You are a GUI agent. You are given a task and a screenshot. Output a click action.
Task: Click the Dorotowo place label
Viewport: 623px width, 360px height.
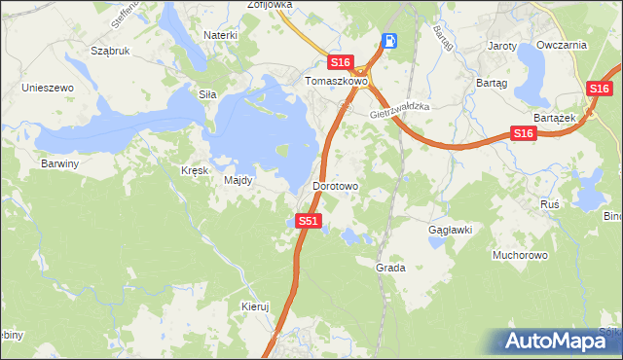[x=336, y=185]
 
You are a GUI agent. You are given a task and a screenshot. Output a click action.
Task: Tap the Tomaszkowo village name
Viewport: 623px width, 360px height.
[x=335, y=82]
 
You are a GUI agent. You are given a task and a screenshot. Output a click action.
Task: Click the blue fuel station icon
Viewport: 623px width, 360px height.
[x=389, y=41]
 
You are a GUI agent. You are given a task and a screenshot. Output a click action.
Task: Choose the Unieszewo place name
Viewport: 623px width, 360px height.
[x=49, y=88]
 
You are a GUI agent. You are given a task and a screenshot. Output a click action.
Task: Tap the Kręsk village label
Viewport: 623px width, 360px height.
[x=195, y=170]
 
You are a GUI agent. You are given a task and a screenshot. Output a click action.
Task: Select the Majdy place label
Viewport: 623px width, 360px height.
[x=238, y=180]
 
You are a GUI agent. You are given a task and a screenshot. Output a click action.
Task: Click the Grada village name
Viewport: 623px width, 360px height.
[x=390, y=267]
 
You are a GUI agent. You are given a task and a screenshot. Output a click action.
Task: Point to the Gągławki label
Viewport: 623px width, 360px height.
[x=451, y=230]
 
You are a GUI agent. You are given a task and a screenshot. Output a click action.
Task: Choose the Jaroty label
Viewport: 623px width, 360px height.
[x=502, y=46]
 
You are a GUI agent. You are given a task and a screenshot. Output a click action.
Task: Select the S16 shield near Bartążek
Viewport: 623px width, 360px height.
[x=523, y=133]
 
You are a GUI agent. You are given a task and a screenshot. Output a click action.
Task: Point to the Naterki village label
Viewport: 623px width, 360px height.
[x=221, y=35]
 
